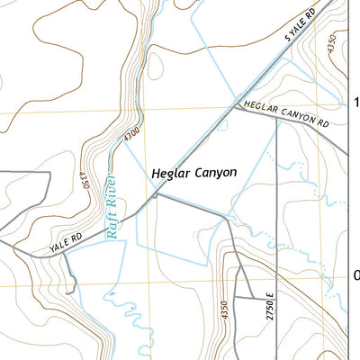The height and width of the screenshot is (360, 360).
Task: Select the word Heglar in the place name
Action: click(171, 172)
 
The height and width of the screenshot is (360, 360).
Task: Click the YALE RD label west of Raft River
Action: click(65, 238)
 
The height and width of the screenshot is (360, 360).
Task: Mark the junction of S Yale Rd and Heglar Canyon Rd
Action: click(236, 104)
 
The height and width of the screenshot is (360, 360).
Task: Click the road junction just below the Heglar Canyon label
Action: click(155, 193)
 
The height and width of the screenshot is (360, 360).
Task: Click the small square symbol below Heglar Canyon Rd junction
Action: click(222, 125)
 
